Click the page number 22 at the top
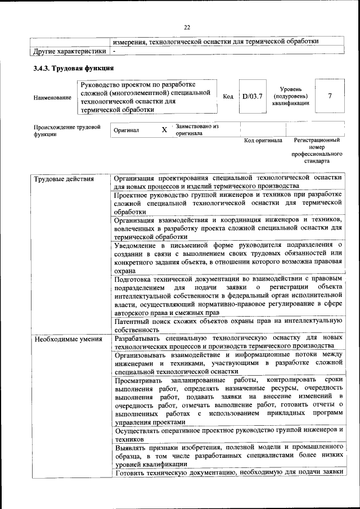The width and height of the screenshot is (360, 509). point(187,26)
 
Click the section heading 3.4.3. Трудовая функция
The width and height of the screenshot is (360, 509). point(74,69)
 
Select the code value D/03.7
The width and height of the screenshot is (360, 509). point(252,96)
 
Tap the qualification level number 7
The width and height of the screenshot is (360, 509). point(330,96)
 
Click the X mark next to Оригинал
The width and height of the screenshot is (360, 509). point(164,129)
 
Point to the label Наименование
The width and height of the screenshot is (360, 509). point(53,98)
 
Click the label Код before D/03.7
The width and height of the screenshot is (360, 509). point(228,97)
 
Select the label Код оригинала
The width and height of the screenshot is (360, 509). point(263,141)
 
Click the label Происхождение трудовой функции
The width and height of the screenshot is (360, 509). point(66,130)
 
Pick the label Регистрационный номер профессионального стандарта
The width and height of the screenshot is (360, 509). point(317,150)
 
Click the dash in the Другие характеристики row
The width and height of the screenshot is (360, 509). point(114,51)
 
